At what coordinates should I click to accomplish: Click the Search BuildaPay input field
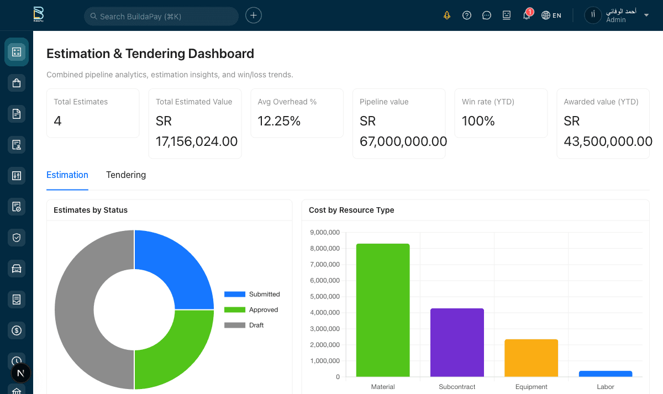pyautogui.click(x=161, y=16)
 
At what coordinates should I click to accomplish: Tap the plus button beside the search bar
pyautogui.click(x=254, y=15)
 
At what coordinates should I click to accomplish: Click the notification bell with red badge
pyautogui.click(x=527, y=15)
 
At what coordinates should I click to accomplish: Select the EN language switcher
pyautogui.click(x=551, y=15)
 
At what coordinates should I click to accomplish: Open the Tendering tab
pyautogui.click(x=126, y=175)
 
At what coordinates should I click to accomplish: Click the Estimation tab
pyautogui.click(x=67, y=175)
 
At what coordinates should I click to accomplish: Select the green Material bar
pyautogui.click(x=383, y=310)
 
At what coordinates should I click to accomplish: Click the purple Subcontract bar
pyautogui.click(x=457, y=343)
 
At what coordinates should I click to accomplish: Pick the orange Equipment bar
pyautogui.click(x=531, y=358)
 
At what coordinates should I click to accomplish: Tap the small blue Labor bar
pyautogui.click(x=605, y=374)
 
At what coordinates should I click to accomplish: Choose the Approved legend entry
pyautogui.click(x=252, y=310)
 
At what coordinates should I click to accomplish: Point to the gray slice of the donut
pyautogui.click(x=77, y=309)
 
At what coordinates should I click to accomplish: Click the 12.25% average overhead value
pyautogui.click(x=279, y=121)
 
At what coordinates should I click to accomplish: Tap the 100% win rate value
pyautogui.click(x=478, y=121)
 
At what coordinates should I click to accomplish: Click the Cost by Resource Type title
pyautogui.click(x=351, y=210)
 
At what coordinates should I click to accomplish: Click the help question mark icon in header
pyautogui.click(x=467, y=15)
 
